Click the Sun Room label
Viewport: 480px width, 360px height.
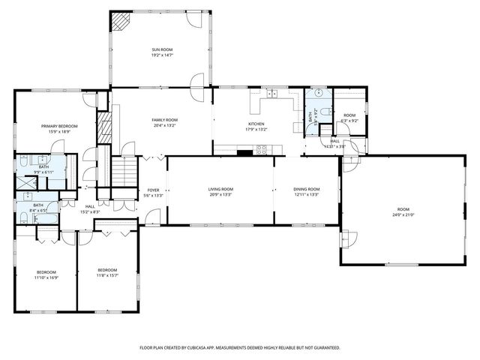pyautogui.click(x=163, y=49)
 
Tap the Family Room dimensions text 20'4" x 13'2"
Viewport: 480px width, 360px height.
pyautogui.click(x=164, y=125)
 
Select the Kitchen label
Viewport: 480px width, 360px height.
pyautogui.click(x=256, y=124)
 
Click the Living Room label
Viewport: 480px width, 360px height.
pyautogui.click(x=220, y=189)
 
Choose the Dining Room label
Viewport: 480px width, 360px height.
pyautogui.click(x=306, y=189)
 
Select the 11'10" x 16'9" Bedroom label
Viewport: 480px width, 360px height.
pyautogui.click(x=46, y=271)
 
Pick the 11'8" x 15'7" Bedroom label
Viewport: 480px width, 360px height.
pyautogui.click(x=106, y=270)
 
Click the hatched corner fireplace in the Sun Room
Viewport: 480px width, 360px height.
pyautogui.click(x=120, y=22)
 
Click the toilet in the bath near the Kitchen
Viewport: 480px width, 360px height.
pyautogui.click(x=319, y=93)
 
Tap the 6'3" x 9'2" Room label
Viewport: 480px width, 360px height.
pyautogui.click(x=349, y=115)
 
